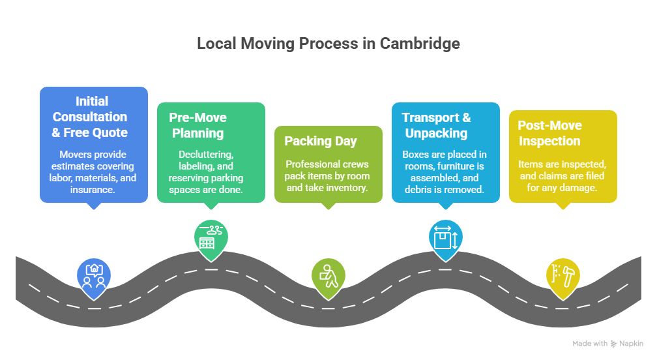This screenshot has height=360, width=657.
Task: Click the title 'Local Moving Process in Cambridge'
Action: pyautogui.click(x=328, y=44)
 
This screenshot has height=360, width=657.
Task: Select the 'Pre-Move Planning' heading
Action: pyautogui.click(x=197, y=125)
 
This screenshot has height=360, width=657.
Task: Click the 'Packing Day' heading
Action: pyautogui.click(x=321, y=141)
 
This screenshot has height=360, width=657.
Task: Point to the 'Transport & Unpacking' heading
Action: pyautogui.click(x=436, y=125)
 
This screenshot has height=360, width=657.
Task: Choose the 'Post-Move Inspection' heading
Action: pyautogui.click(x=549, y=133)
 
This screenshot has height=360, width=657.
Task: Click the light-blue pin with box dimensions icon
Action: pyautogui.click(x=445, y=239)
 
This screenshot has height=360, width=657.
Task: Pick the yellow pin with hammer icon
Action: pyautogui.click(x=562, y=276)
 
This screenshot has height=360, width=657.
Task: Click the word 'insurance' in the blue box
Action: pyautogui.click(x=93, y=189)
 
